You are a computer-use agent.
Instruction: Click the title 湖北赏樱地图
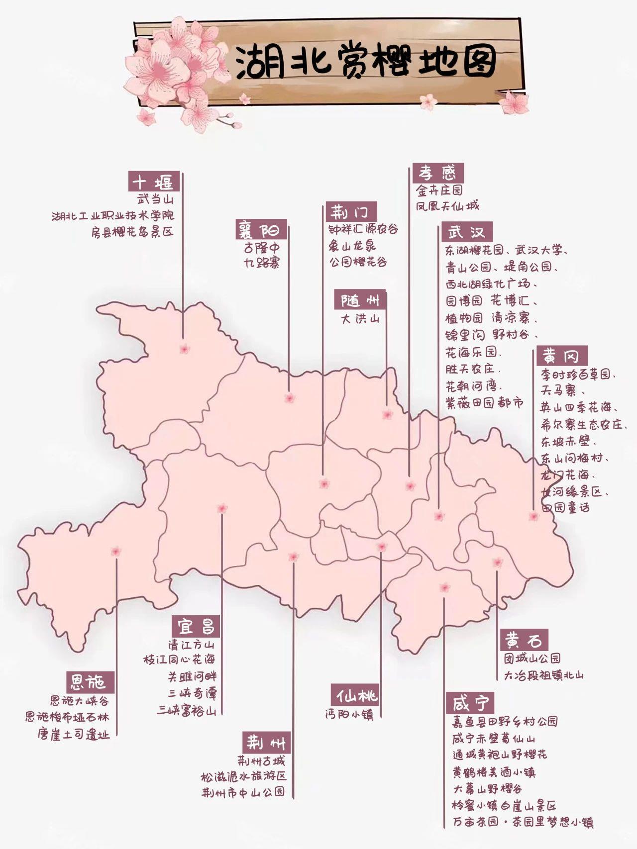(366, 64)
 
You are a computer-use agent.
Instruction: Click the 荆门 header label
(351, 212)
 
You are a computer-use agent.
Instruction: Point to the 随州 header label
(360, 300)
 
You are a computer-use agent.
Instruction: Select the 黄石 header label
(524, 641)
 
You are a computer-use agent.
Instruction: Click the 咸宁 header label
(471, 703)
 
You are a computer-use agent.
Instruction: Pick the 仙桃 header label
(356, 695)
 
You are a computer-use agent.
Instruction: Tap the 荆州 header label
(267, 743)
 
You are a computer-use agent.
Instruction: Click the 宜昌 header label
(196, 626)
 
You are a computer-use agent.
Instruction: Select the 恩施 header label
(91, 682)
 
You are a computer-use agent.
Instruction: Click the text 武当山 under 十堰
(155, 200)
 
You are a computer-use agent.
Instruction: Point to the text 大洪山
(360, 318)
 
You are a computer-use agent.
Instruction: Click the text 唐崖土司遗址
(74, 734)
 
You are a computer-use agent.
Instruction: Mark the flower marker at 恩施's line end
(116, 551)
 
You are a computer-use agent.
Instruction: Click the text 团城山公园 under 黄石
(532, 659)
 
